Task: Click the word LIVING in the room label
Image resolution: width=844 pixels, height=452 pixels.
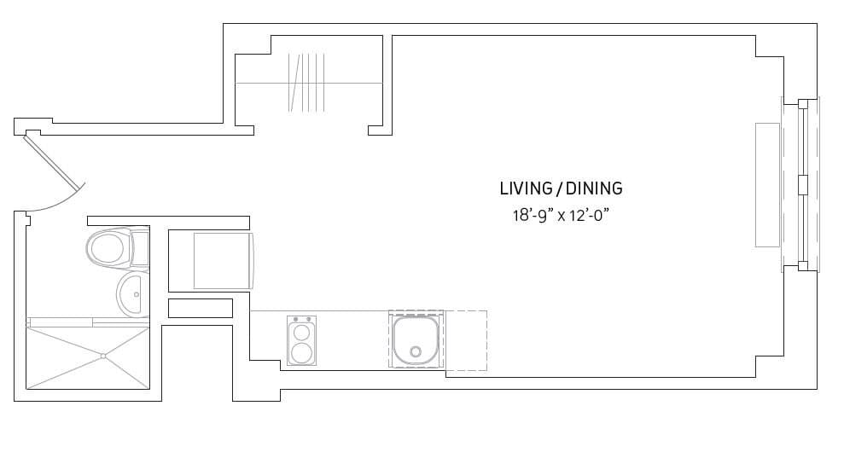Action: pos(525,188)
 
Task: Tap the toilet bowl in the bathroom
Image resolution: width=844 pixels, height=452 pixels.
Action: pos(106,248)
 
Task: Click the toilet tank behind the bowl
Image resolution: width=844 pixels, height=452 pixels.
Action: pos(140,248)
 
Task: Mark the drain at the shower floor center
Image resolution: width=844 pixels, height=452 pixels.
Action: pos(102,356)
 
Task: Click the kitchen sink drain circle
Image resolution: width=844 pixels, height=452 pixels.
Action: pos(416,351)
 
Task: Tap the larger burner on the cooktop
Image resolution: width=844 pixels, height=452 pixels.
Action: pos(301,352)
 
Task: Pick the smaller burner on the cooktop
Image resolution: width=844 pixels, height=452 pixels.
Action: pos(301,331)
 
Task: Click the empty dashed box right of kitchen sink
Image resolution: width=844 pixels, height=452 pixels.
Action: pos(466,340)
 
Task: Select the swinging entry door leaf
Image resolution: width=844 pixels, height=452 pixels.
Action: pos(52,161)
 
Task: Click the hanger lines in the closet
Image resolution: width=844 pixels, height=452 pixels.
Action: pos(307,83)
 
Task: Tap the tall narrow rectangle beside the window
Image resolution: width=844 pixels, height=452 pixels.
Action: pos(767,185)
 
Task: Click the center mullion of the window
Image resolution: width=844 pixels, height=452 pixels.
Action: pos(801,185)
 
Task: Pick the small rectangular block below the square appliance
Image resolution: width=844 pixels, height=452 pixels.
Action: pos(201,308)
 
